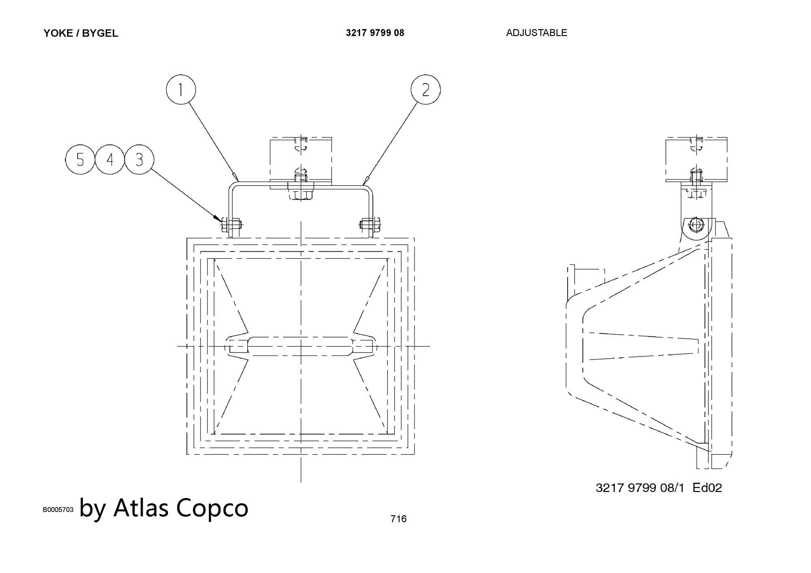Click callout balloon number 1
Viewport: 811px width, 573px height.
[181, 90]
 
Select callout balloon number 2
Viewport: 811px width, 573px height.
[425, 90]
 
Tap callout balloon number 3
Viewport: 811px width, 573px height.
[139, 160]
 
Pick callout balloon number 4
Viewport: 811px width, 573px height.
[110, 160]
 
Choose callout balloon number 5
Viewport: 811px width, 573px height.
[80, 160]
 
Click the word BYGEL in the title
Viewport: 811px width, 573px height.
[100, 33]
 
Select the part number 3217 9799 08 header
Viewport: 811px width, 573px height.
[375, 33]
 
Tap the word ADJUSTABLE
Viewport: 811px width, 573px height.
[536, 33]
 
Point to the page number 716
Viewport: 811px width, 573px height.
[398, 519]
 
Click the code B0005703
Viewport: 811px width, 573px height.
[58, 510]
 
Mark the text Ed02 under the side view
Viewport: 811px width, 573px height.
[707, 487]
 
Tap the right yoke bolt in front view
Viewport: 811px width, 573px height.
[369, 224]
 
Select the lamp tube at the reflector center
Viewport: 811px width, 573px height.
[300, 346]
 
